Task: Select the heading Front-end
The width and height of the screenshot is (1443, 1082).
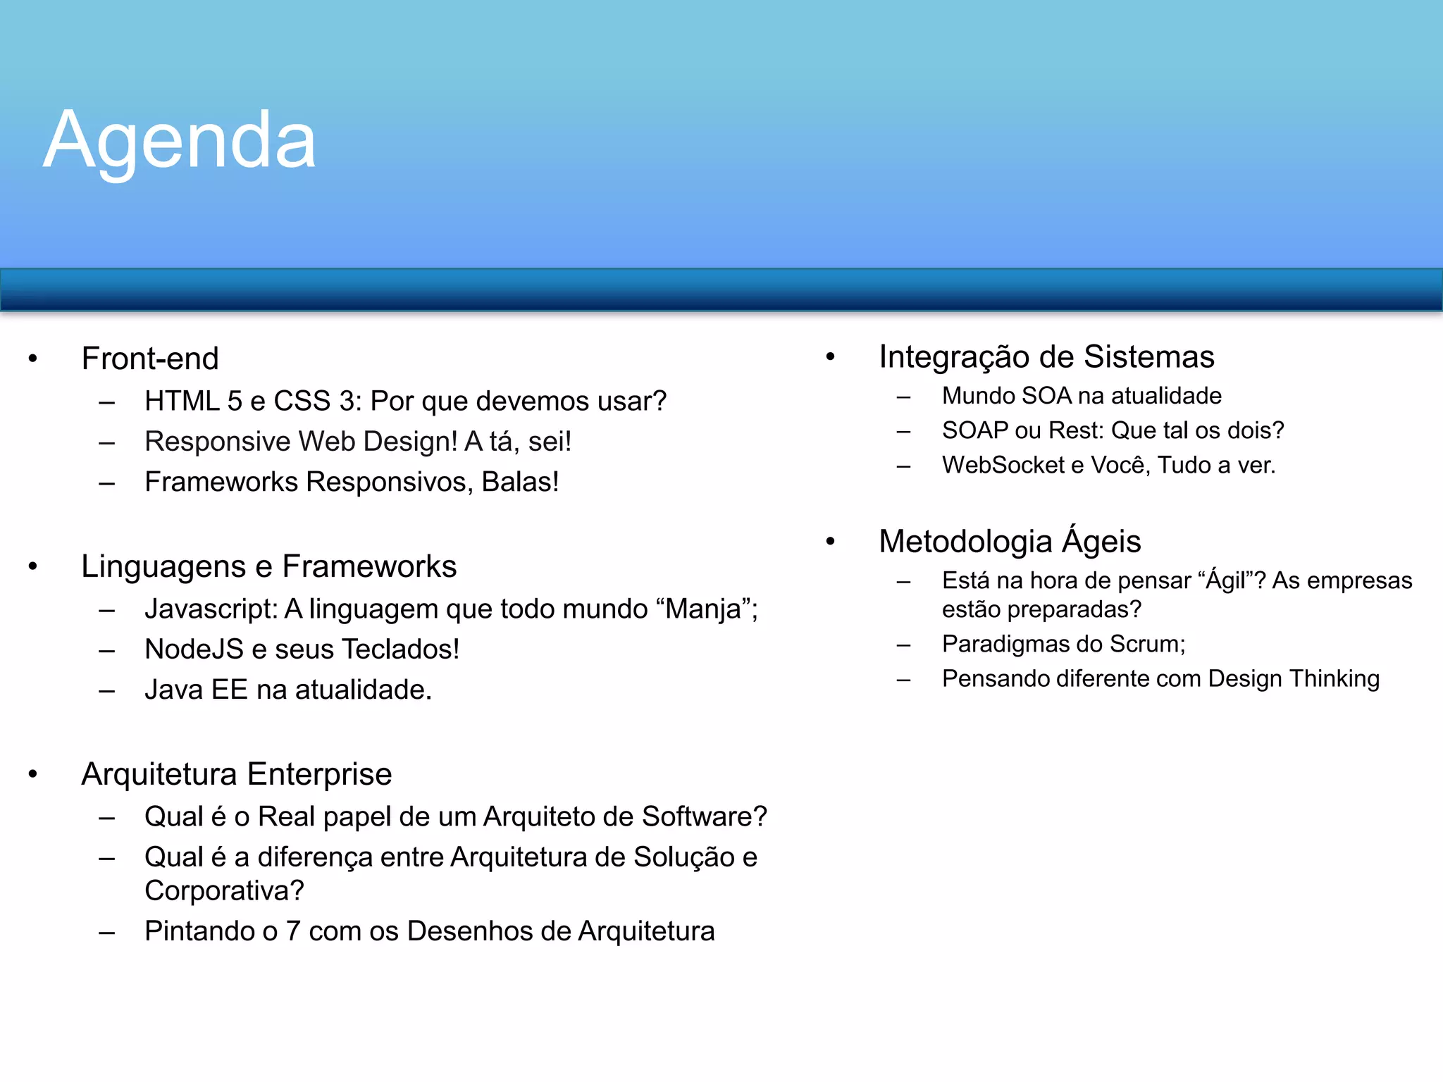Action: click(150, 359)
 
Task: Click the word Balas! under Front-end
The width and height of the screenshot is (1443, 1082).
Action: click(520, 482)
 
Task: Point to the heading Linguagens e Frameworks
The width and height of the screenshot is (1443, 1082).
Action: click(268, 566)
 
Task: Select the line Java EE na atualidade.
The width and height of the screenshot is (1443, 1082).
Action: click(287, 690)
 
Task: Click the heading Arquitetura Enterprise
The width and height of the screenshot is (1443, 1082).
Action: click(236, 774)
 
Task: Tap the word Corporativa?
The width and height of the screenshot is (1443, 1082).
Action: click(224, 891)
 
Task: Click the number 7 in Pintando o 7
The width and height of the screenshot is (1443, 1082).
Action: click(293, 931)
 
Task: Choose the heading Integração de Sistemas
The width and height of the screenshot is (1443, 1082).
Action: click(1046, 356)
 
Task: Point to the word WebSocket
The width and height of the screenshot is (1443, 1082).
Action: click(1003, 465)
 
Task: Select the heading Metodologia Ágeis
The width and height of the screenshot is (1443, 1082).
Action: click(1010, 541)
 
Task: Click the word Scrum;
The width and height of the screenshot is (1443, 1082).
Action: click(1148, 644)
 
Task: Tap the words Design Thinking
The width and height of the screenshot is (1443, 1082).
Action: click(1294, 678)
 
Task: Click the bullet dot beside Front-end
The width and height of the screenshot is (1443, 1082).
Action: click(32, 359)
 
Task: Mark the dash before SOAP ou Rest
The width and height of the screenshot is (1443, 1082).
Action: click(904, 431)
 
